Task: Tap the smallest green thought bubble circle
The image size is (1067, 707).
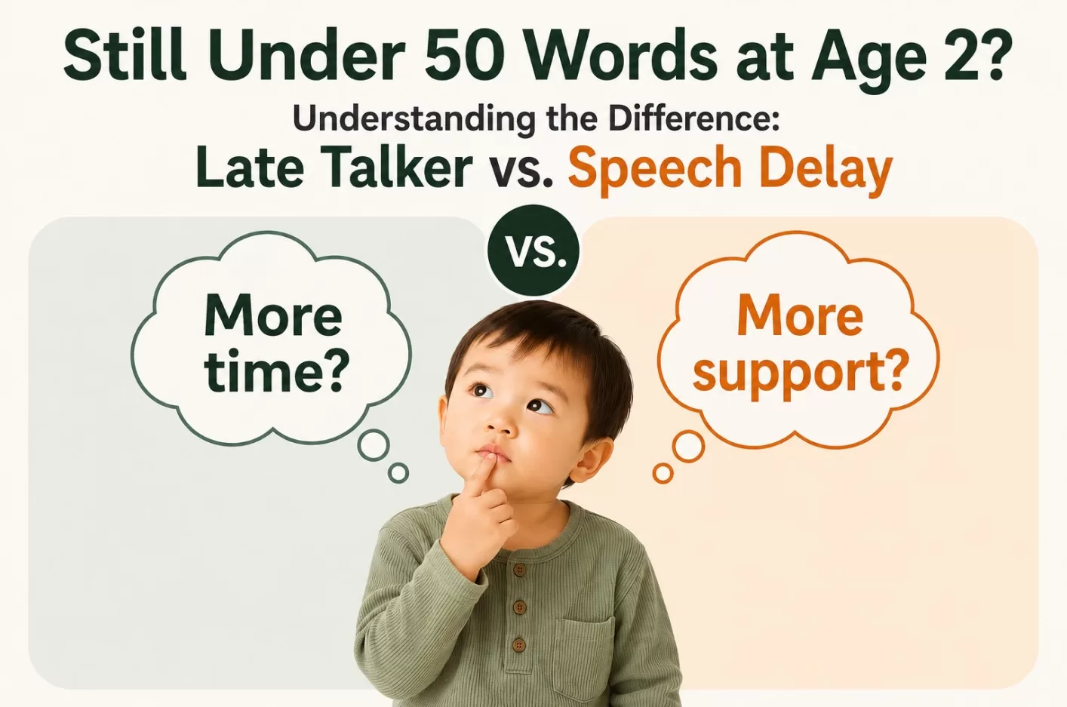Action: [398, 472]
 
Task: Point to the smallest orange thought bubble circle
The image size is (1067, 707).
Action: [663, 474]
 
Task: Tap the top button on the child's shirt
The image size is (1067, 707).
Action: [519, 570]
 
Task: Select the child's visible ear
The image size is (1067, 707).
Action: [591, 460]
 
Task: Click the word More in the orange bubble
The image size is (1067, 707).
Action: [800, 317]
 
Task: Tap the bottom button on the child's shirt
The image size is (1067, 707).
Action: [518, 645]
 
